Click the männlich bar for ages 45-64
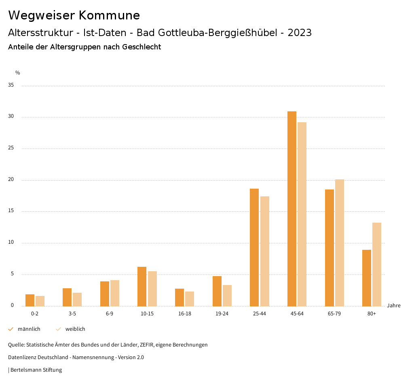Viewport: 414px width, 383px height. [291, 209]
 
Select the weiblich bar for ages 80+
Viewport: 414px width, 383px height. [377, 264]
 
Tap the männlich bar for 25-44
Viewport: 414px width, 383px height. [254, 247]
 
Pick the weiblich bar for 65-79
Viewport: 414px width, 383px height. [340, 243]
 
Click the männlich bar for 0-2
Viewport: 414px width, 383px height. [30, 300]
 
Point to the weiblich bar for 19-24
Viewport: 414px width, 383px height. [227, 296]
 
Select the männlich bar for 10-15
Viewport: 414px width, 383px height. [142, 286]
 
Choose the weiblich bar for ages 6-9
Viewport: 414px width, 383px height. [115, 293]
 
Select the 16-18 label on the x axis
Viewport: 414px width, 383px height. [184, 314]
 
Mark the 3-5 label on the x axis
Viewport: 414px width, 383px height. [72, 314]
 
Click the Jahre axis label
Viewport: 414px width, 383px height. [393, 306]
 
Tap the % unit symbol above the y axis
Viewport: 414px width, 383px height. [18, 73]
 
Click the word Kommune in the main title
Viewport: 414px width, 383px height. [109, 15]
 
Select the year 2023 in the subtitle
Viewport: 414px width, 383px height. [300, 33]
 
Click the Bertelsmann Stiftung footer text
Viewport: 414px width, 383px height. [36, 370]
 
